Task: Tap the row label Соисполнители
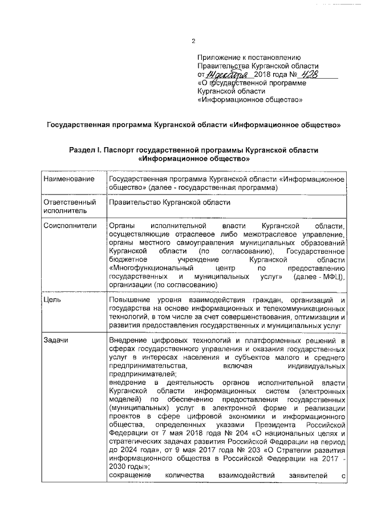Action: click(68, 226)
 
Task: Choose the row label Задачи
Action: click(56, 341)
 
